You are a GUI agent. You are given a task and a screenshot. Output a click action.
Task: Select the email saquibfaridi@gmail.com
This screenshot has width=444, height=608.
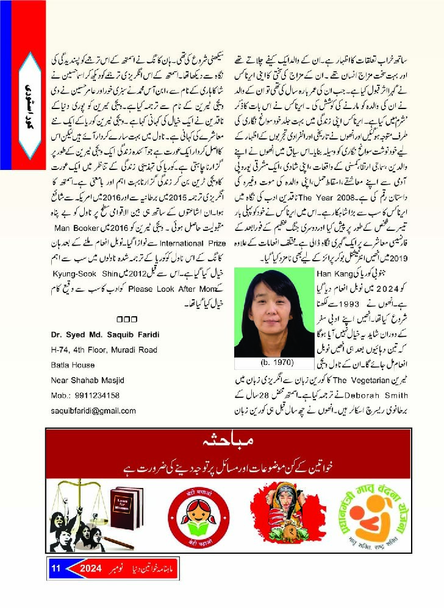click(93, 411)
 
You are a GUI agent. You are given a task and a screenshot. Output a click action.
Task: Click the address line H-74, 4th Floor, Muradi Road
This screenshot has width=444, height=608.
click(104, 350)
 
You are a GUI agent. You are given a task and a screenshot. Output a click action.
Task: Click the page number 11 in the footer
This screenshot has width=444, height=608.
click(56, 568)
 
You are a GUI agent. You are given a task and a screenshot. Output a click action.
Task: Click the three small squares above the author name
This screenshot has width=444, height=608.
click(126, 319)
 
